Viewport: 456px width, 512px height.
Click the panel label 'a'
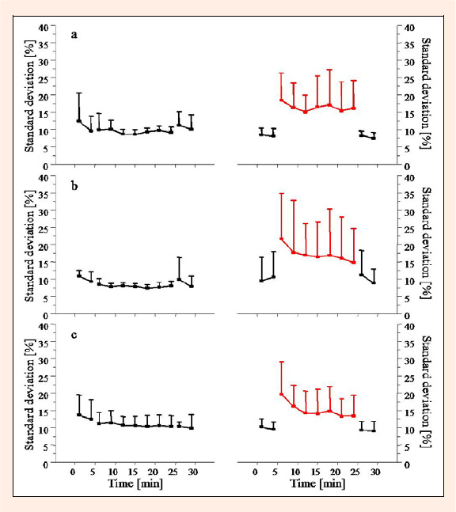tap(74, 35)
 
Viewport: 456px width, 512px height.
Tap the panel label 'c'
tap(74, 335)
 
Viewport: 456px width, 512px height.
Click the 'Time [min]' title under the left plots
tap(135, 484)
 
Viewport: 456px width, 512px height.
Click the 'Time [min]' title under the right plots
tap(317, 484)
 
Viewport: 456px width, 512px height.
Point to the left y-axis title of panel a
tap(29, 97)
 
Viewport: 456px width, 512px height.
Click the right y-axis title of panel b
tap(426, 243)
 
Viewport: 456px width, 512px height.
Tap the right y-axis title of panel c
tap(426, 392)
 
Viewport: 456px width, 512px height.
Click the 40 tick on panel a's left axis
tap(44, 28)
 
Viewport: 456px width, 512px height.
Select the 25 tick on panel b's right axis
tap(409, 229)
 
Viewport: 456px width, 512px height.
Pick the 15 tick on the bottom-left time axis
tap(133, 472)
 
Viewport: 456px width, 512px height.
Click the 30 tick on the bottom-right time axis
tap(375, 472)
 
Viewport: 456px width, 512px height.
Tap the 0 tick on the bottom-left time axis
tap(73, 472)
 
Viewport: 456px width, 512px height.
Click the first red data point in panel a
tap(281, 100)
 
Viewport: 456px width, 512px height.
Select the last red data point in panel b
tap(353, 262)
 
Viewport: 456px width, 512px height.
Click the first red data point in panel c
tap(281, 394)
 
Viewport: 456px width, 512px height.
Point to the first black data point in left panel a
tap(78, 121)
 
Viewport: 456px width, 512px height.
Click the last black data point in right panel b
tap(374, 283)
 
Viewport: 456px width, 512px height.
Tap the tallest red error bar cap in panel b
tap(281, 194)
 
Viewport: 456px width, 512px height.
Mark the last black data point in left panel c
tap(192, 428)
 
